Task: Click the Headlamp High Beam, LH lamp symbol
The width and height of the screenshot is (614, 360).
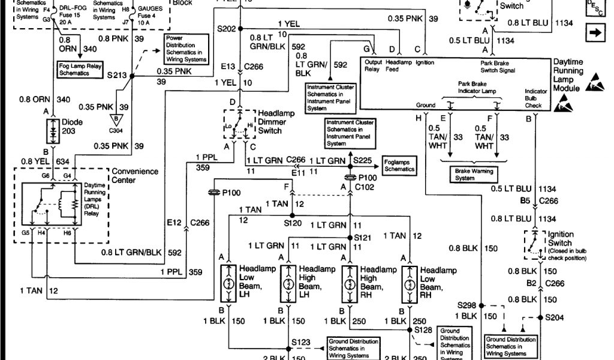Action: [289, 283]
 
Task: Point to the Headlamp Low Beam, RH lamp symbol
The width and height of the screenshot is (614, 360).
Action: [410, 283]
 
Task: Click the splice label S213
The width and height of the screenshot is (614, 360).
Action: [117, 77]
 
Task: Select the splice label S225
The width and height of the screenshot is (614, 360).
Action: [363, 161]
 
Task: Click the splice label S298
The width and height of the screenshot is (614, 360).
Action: [467, 305]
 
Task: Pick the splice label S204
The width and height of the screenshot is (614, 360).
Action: [554, 317]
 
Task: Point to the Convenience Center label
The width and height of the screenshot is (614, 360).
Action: [135, 175]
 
